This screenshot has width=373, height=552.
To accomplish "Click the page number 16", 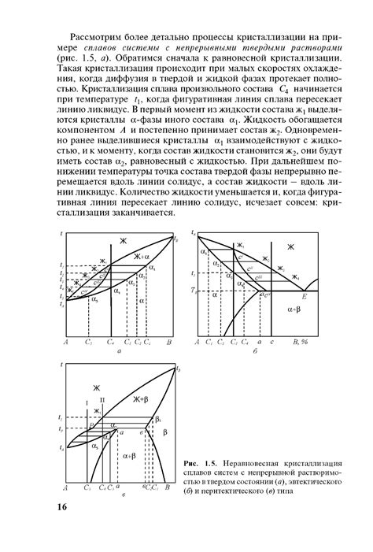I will pyautogui.click(x=59, y=506).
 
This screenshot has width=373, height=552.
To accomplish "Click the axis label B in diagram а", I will pyautogui.click(x=168, y=343).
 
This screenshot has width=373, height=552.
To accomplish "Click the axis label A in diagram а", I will pyautogui.click(x=66, y=343).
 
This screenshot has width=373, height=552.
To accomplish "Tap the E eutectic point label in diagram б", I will pyautogui.click(x=303, y=298).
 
